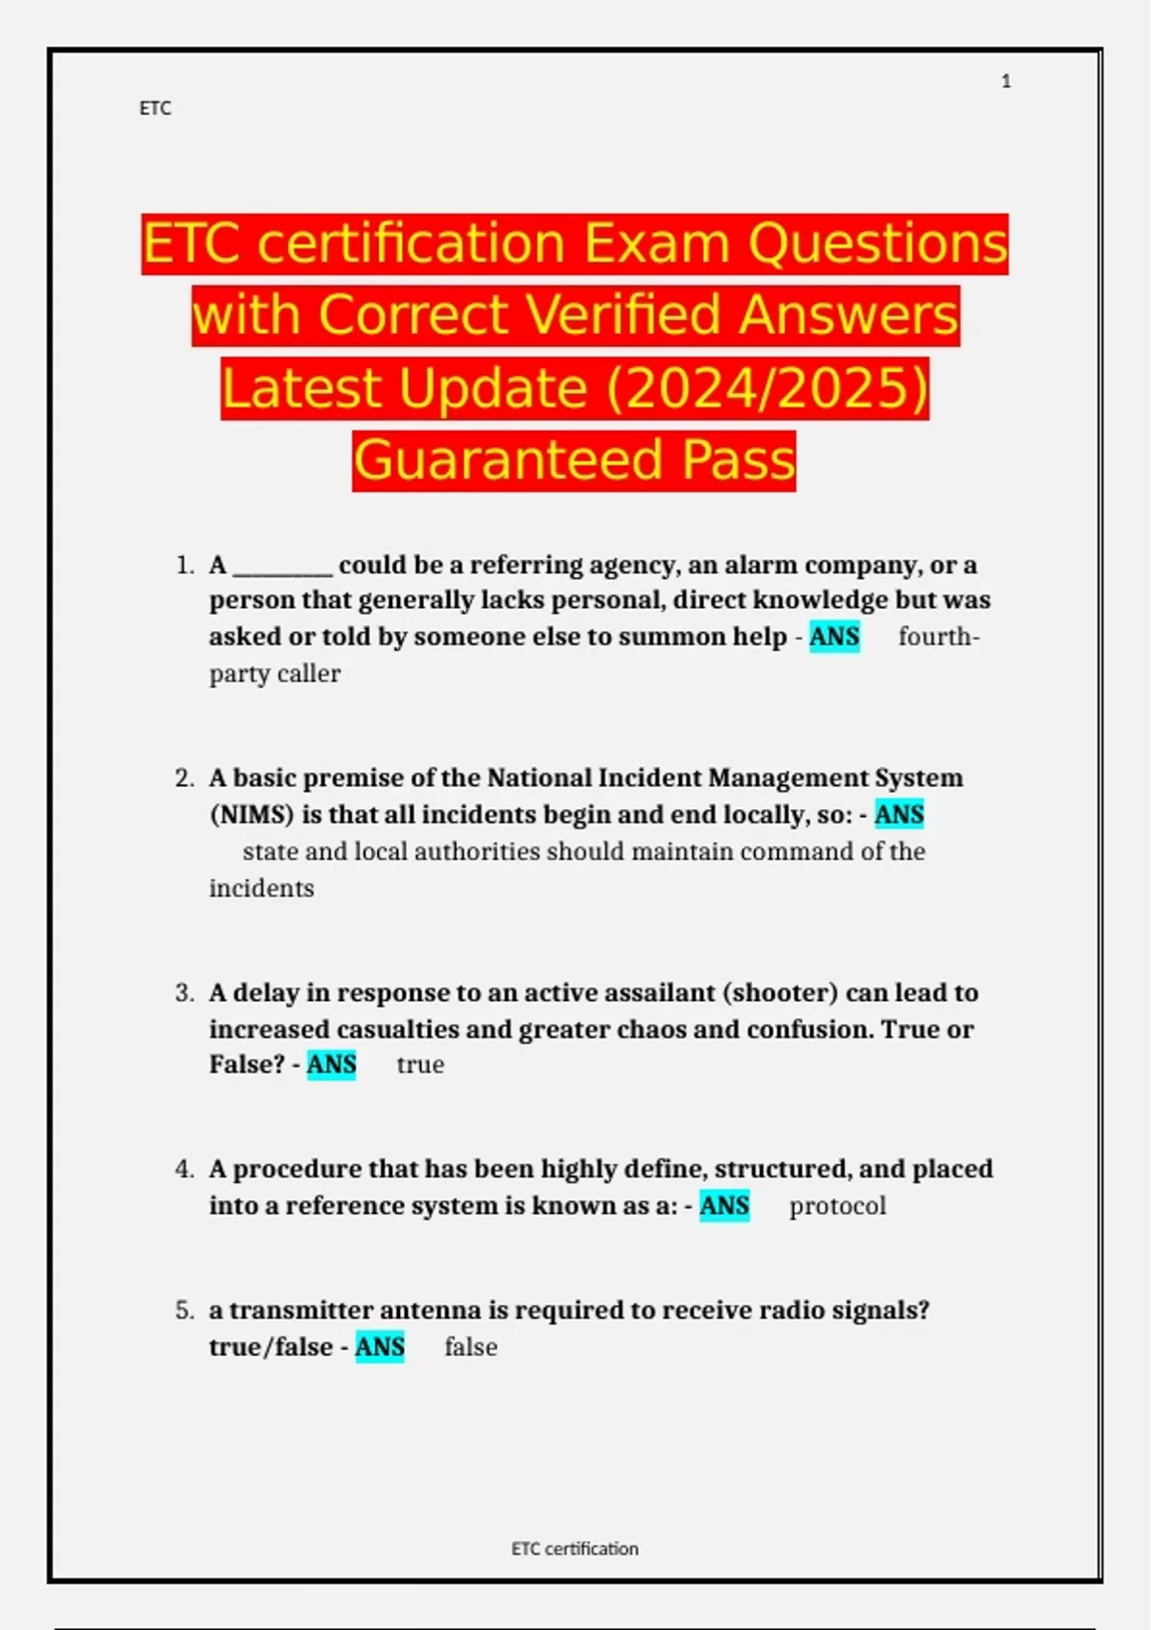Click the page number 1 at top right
click(x=1006, y=81)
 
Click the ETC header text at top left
click(x=155, y=108)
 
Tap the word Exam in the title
click(x=657, y=244)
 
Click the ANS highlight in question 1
click(x=834, y=637)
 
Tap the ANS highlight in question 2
click(x=899, y=815)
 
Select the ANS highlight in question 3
click(x=332, y=1064)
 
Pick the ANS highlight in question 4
click(x=724, y=1205)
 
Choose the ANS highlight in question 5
click(x=380, y=1347)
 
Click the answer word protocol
click(x=837, y=1206)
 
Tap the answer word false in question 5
click(x=471, y=1347)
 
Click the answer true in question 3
click(x=420, y=1065)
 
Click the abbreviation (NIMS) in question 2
click(x=252, y=815)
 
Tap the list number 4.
click(x=184, y=1169)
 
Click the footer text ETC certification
click(x=575, y=1548)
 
